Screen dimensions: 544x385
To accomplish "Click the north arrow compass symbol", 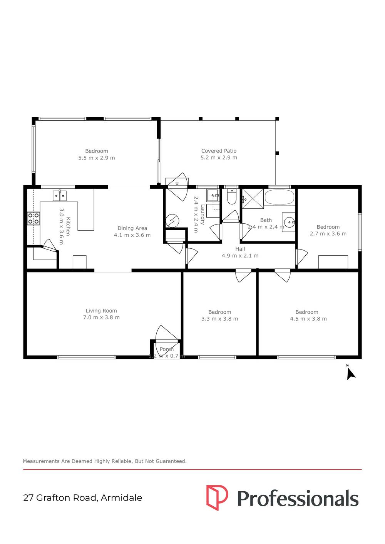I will [350, 373].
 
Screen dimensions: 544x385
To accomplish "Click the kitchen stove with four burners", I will [33, 218].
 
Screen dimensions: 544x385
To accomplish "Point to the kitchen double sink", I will [59, 196].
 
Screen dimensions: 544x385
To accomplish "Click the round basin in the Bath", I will [289, 222].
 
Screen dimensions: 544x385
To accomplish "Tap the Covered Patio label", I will [219, 151].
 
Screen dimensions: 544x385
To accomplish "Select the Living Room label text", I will [101, 311].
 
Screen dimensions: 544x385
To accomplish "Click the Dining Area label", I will [132, 228].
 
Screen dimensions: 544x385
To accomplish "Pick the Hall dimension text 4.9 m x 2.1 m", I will [240, 256].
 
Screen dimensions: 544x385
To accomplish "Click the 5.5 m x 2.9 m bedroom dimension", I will [97, 158].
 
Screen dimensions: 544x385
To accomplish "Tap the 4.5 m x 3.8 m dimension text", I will [308, 319].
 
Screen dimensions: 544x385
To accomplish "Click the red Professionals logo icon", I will [217, 497].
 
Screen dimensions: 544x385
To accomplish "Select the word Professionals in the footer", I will [298, 499].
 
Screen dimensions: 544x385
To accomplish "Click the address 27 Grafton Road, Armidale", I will [83, 498].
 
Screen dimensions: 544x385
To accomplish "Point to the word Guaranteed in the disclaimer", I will [171, 461].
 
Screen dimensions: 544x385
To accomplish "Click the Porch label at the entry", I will [167, 349].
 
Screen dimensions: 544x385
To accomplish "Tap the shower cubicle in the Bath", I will [253, 198].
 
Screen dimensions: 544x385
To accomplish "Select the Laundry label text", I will [203, 215].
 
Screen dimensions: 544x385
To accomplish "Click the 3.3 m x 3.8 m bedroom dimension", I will [219, 319].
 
